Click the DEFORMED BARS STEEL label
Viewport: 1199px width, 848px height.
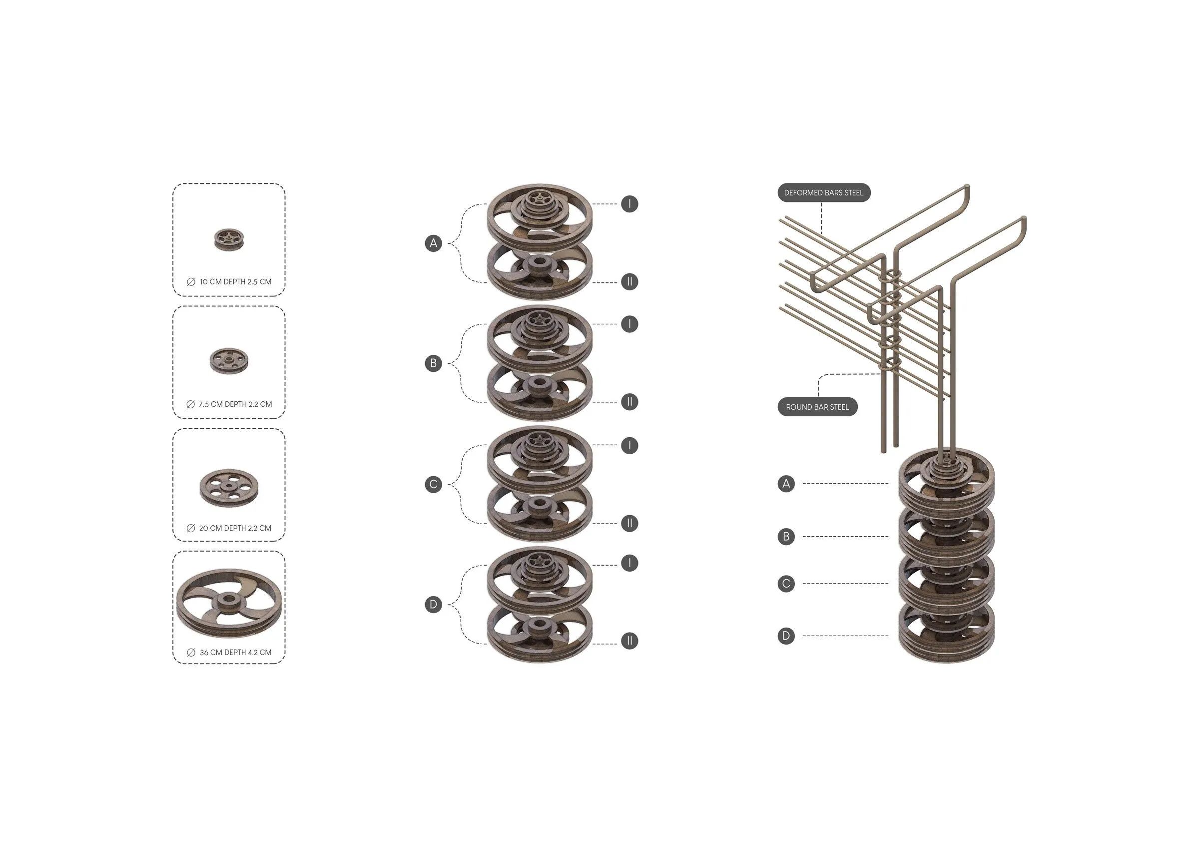point(823,193)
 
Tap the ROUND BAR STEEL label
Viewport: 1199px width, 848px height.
point(817,407)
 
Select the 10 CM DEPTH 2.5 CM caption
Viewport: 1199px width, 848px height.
point(235,282)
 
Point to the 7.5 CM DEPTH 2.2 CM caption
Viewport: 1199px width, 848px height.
point(235,404)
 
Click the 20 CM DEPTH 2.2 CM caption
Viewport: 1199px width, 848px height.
point(235,528)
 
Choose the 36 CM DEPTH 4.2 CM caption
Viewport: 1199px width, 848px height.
point(235,653)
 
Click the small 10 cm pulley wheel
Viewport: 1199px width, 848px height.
point(229,238)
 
